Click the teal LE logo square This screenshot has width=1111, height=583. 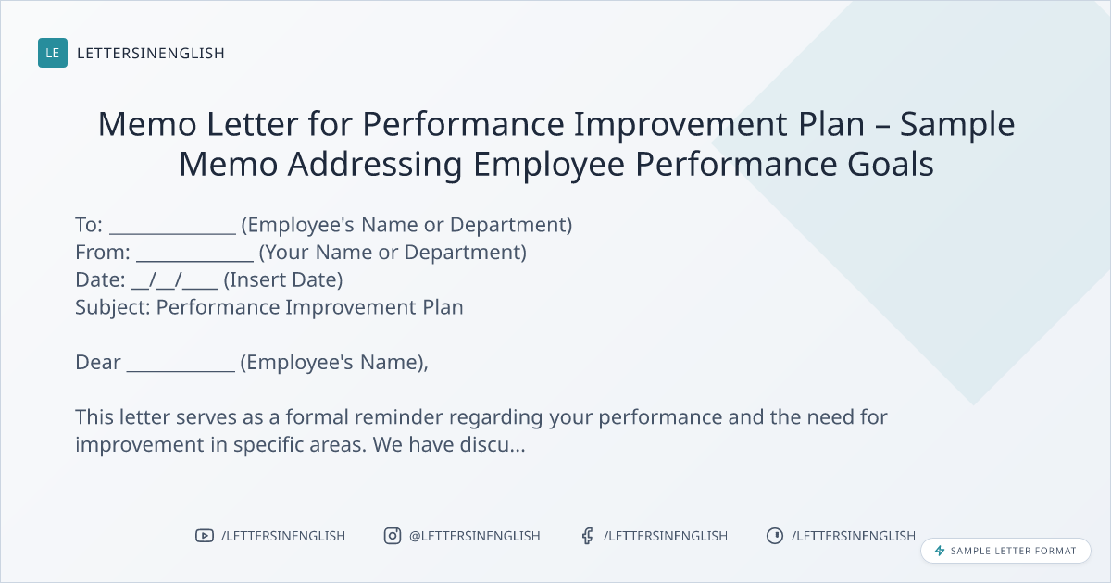coord(53,53)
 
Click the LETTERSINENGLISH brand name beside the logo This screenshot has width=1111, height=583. coord(151,53)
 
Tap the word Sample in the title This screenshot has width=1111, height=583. coord(957,125)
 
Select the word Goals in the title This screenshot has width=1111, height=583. coord(891,164)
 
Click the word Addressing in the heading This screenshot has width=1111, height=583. coord(375,166)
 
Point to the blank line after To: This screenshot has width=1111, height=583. coord(172,233)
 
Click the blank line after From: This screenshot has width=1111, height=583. coord(195,260)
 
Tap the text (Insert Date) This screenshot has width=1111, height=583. coord(283,280)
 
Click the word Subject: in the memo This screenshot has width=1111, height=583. coord(113,308)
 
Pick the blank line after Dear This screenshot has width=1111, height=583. coord(181,370)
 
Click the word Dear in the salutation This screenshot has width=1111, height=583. coord(98,363)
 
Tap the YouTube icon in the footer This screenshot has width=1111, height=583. coord(205,536)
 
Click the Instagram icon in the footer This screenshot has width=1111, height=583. coord(393,536)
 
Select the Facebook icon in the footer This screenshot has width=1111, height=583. coord(588,536)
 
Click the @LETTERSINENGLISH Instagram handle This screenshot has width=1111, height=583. coord(475,536)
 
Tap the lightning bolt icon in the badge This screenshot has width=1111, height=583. coord(940,551)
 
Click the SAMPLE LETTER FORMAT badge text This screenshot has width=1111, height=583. coord(1013,551)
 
